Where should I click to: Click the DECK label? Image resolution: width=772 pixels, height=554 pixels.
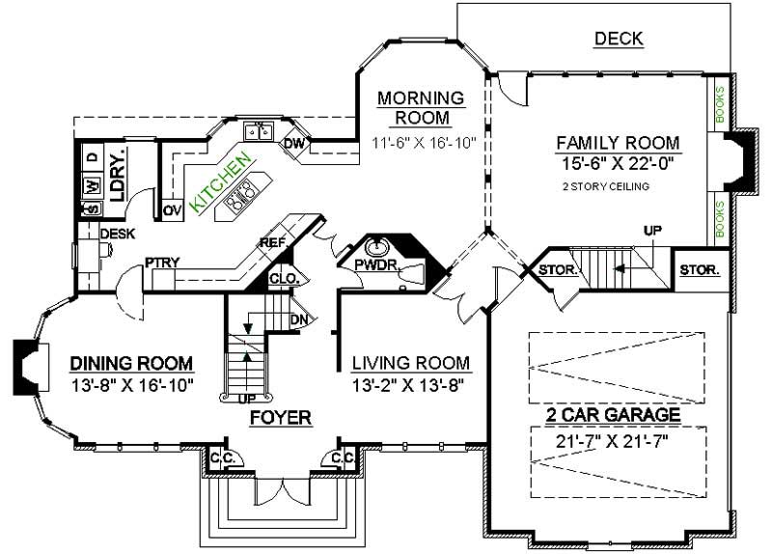[x=619, y=39]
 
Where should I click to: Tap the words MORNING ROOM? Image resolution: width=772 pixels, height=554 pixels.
[x=421, y=108]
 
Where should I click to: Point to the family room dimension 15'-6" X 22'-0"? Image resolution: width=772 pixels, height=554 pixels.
[x=618, y=164]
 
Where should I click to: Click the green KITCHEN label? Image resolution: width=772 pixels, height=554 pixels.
[x=222, y=181]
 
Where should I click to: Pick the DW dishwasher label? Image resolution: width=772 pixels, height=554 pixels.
[x=294, y=145]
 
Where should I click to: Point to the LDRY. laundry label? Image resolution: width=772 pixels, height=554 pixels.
[x=118, y=175]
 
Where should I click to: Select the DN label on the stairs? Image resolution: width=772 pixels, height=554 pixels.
[x=299, y=319]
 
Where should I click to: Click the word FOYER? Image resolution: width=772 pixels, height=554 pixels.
[x=280, y=418]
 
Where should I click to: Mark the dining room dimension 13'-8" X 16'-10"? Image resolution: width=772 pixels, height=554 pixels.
[x=133, y=385]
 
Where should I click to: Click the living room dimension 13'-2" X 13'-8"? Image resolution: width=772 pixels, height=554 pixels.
[x=410, y=385]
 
